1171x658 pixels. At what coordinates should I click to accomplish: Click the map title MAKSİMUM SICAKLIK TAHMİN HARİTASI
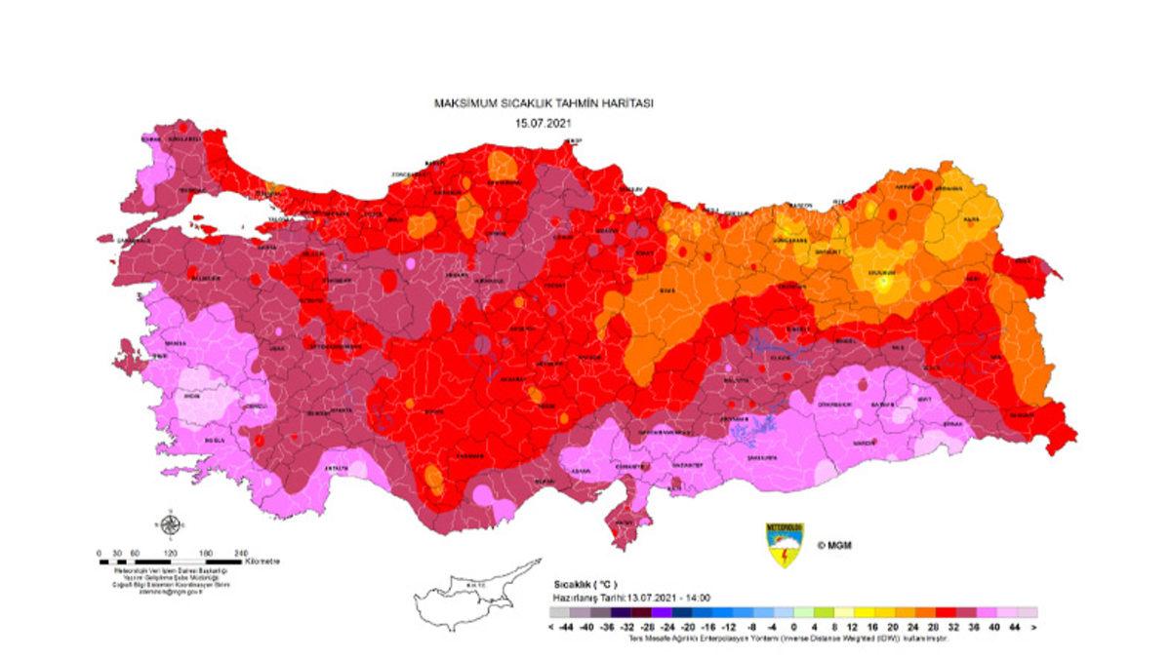[x=543, y=101]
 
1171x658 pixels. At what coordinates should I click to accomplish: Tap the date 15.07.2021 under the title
[x=543, y=123]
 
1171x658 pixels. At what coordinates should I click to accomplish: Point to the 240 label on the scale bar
[x=241, y=553]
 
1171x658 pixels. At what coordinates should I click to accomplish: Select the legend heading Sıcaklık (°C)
[x=585, y=584]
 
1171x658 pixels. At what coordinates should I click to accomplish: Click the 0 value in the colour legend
[x=793, y=627]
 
